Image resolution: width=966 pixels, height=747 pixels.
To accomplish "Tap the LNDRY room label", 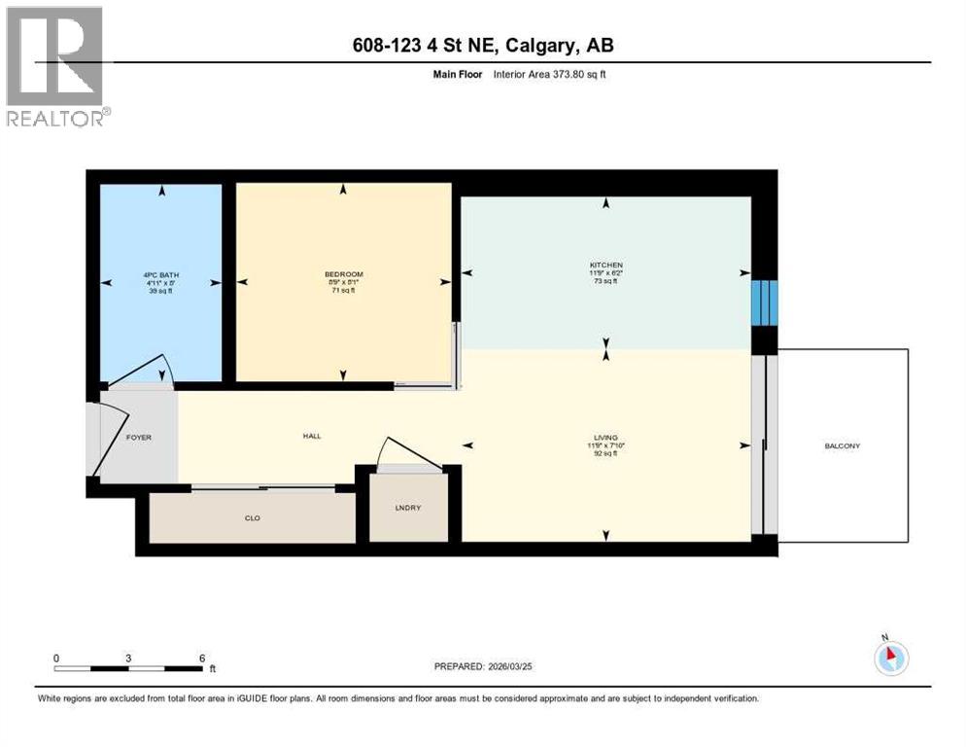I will click(408, 508).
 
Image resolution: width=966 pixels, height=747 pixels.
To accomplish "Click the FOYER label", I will click(139, 438).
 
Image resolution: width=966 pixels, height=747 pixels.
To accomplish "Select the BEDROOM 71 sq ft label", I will click(343, 282).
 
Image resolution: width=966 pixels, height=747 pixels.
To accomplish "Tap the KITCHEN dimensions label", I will click(605, 273).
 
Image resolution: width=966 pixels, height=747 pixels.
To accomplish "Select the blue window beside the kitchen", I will click(766, 302).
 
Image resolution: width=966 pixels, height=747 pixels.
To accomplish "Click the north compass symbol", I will click(890, 658).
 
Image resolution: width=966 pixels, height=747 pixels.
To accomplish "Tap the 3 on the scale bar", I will click(128, 658).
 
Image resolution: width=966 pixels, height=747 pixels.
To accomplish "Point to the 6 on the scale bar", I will click(201, 658).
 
